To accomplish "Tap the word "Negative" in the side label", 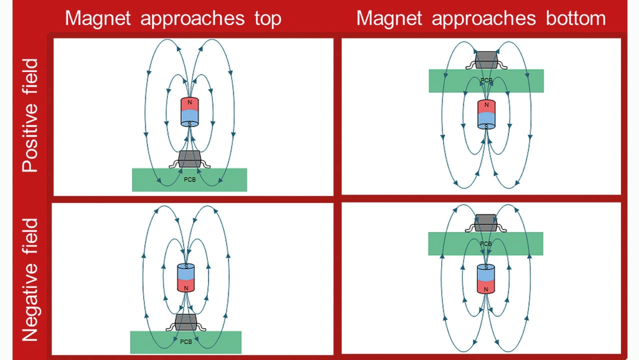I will coord(30,280).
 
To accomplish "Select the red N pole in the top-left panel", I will coord(189,103).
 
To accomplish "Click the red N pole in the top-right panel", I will coord(486,106).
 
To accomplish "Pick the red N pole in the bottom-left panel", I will coord(186,285).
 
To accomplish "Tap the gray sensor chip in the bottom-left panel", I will coord(186,322).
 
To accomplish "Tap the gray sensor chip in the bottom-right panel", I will coord(485,223).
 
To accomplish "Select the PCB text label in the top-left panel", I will coord(190,180).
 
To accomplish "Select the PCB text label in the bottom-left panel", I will coord(186,342).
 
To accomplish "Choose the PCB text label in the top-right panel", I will coord(486,80).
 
